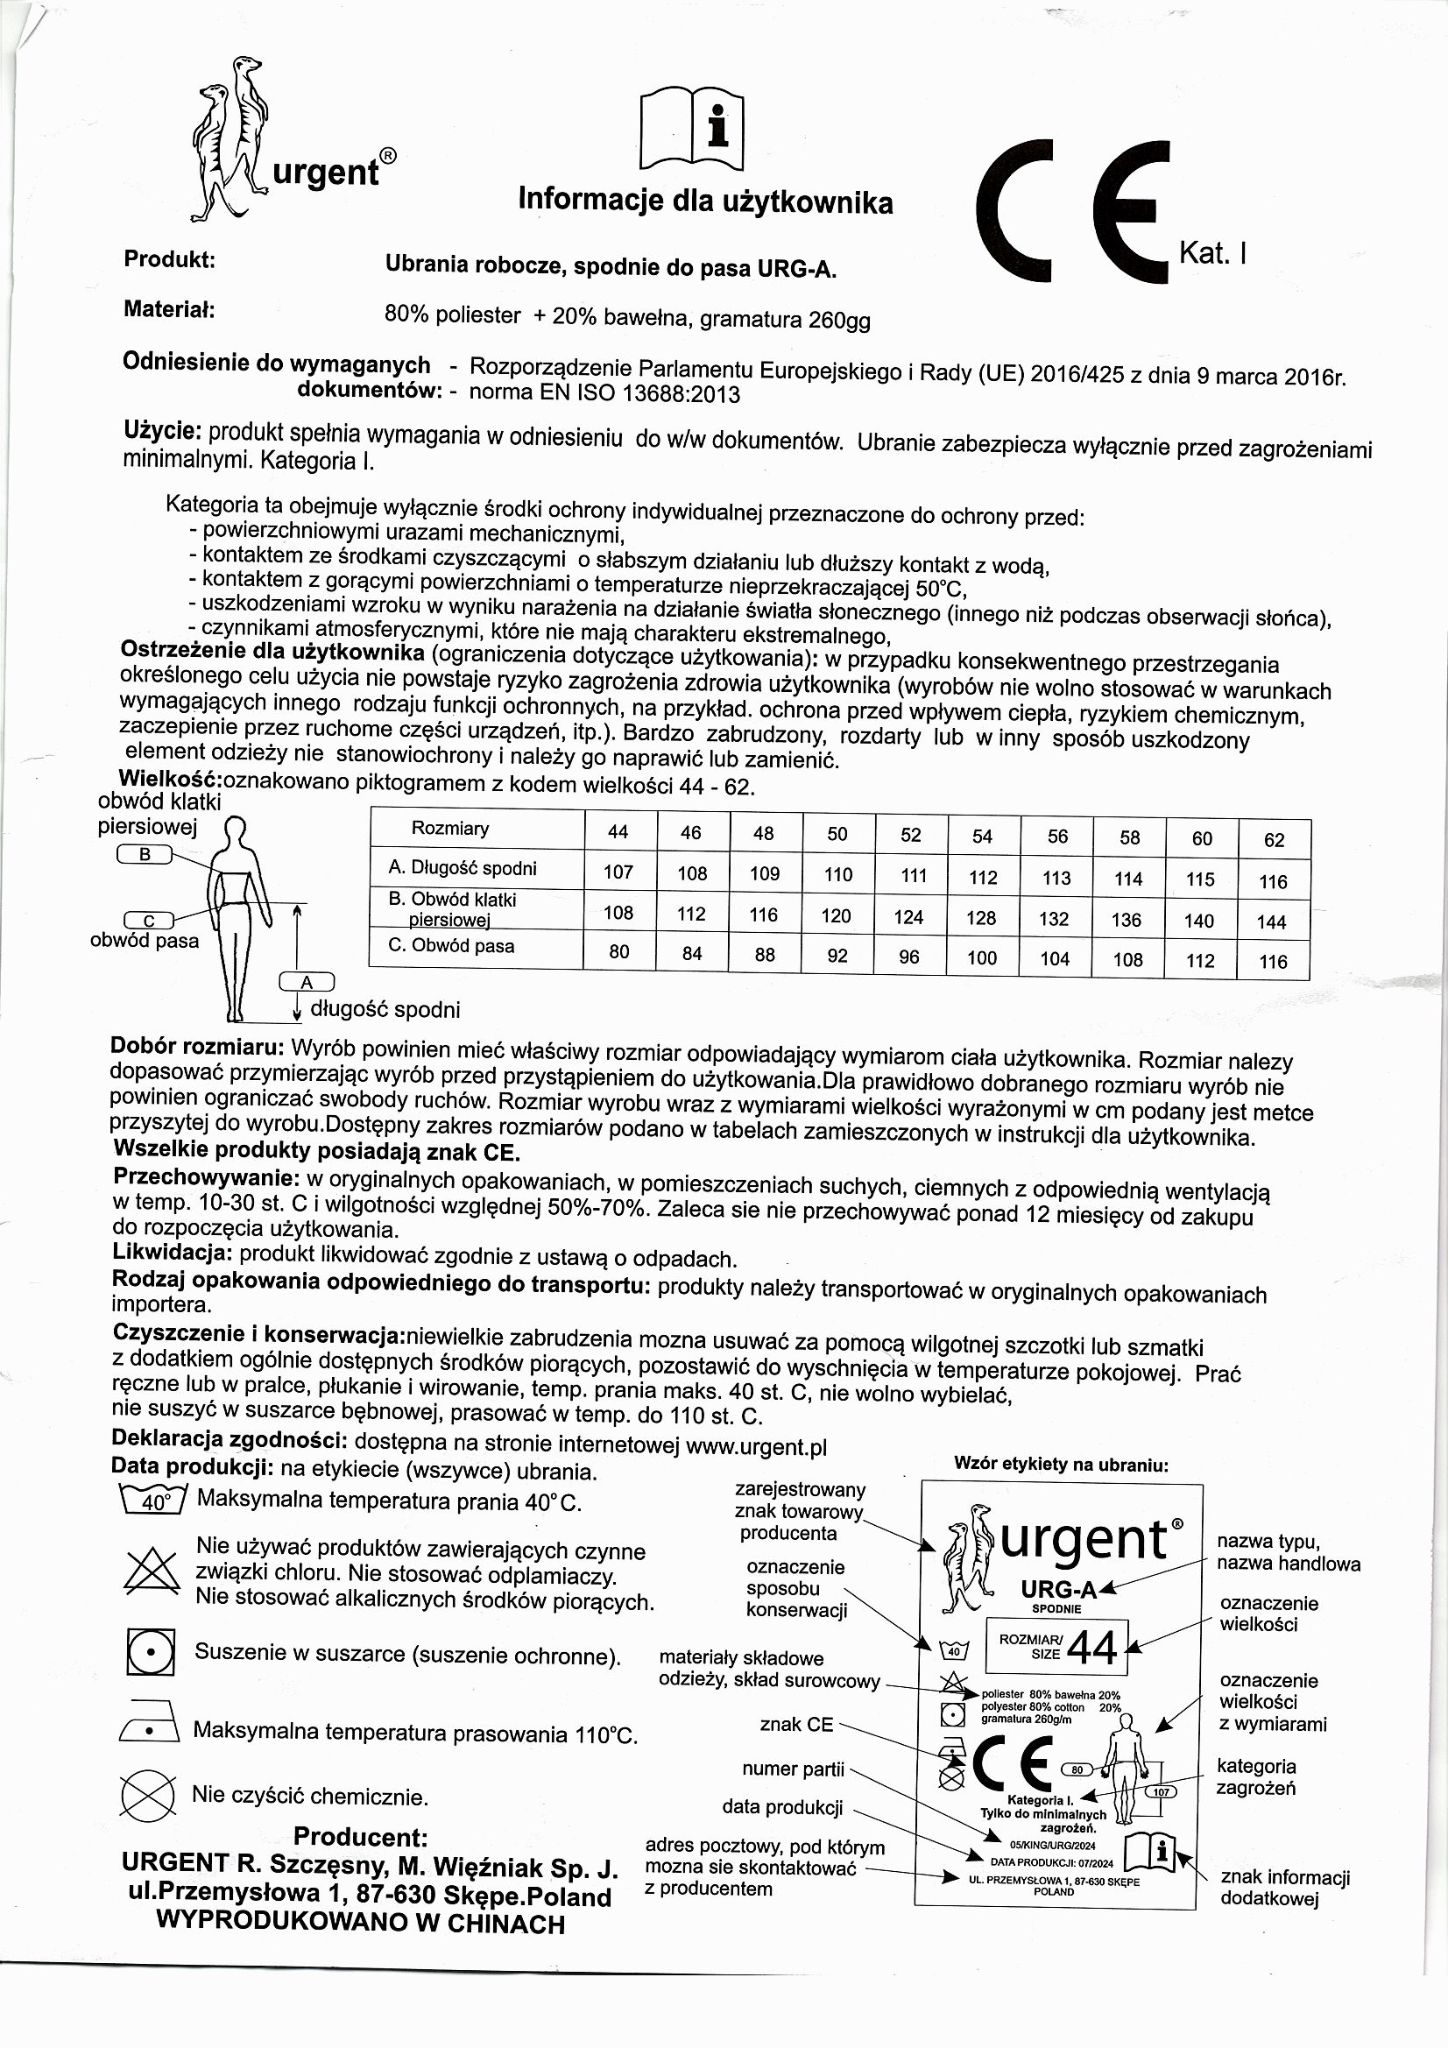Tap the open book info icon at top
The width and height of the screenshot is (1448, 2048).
[692, 129]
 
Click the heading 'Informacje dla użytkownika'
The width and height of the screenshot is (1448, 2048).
[705, 201]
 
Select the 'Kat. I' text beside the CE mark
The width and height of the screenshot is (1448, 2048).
[1212, 254]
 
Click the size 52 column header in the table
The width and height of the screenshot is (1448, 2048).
[910, 835]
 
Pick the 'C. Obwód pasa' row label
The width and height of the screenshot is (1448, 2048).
[451, 946]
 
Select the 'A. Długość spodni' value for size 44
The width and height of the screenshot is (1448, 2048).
[618, 872]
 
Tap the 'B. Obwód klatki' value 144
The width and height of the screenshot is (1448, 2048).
[1271, 922]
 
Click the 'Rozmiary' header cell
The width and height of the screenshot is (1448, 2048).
[449, 829]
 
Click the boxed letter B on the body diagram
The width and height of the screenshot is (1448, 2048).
[145, 855]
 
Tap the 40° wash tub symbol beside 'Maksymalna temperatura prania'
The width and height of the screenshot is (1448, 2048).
[153, 1502]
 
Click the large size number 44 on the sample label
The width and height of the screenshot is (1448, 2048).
[1091, 1649]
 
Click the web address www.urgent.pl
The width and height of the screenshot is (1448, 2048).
[757, 1447]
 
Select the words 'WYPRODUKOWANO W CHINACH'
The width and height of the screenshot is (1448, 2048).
[360, 1924]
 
